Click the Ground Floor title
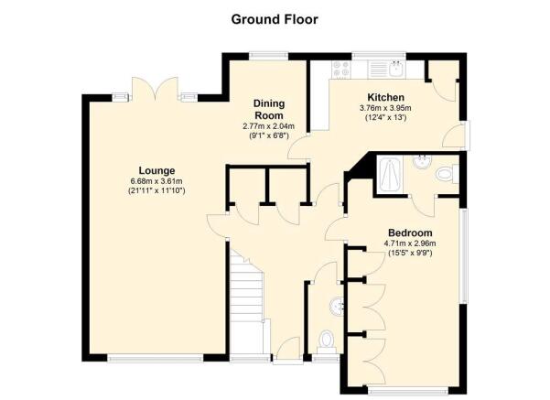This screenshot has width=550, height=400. click(275, 19)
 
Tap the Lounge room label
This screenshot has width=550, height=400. click(156, 170)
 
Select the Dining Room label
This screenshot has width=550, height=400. click(269, 109)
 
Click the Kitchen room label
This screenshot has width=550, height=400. click(385, 97)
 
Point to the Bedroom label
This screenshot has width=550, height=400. click(410, 232)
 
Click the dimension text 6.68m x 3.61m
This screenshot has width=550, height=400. click(156, 181)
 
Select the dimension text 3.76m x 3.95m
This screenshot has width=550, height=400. click(385, 108)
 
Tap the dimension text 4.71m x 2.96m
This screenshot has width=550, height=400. click(410, 243)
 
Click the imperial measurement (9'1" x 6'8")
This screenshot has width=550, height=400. click(269, 135)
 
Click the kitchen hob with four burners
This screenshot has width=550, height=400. click(341, 70)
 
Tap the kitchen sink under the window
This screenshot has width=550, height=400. click(397, 70)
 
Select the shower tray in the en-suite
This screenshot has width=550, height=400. click(390, 175)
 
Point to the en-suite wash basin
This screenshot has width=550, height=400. click(422, 162)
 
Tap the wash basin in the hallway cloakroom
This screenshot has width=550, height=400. click(337, 307)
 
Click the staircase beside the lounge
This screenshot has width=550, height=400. click(246, 302)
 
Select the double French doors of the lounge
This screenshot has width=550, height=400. click(155, 90)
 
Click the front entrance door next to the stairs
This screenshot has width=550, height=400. click(287, 349)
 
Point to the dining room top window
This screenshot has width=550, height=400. click(269, 56)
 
